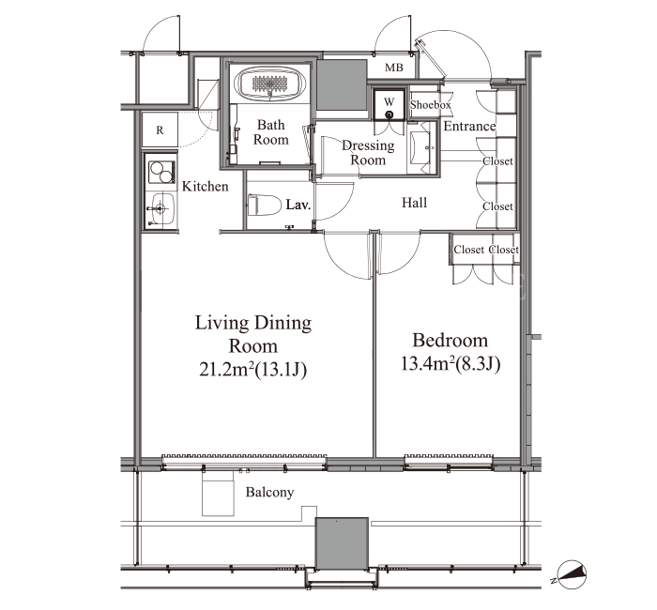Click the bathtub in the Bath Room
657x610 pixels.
point(269,84)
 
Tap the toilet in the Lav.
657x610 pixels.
point(265,205)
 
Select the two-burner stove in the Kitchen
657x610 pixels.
point(161,172)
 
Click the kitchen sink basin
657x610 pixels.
point(162,208)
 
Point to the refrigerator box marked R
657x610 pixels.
point(160,130)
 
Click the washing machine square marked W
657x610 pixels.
point(390,104)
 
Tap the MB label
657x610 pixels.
point(393,68)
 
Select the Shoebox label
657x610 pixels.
point(430,105)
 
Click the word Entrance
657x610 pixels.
point(469,126)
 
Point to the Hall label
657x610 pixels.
point(414,203)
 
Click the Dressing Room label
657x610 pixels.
point(368,152)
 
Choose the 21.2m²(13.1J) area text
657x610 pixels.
point(252,370)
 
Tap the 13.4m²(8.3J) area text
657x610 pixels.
point(451,364)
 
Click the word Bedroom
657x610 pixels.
point(450,340)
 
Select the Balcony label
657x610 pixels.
point(269,492)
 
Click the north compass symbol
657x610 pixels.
point(572,573)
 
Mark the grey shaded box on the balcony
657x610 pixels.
point(342,543)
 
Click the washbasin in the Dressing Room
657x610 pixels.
point(420,147)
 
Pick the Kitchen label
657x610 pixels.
point(205,187)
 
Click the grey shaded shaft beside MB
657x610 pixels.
point(342,85)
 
